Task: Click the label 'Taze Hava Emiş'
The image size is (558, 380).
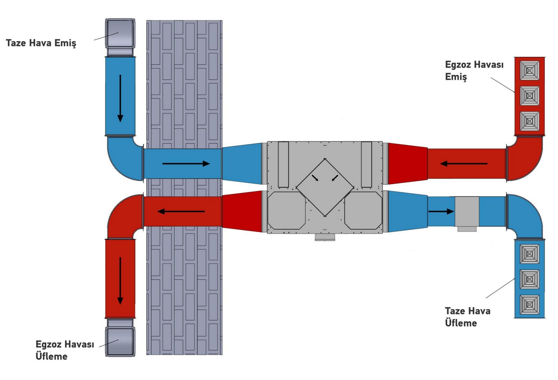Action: [x=41, y=43]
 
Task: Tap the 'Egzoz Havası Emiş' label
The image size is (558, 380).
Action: [x=474, y=71]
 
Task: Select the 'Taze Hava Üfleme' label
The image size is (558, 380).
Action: [x=467, y=317]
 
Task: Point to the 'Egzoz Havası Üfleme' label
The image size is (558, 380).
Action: [x=65, y=350]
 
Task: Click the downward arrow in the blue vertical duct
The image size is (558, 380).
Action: [x=120, y=98]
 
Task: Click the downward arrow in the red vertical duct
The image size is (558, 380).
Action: [x=120, y=281]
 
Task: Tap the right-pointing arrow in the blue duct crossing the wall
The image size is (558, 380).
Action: [x=186, y=164]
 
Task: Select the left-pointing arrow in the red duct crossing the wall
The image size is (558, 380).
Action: [x=181, y=211]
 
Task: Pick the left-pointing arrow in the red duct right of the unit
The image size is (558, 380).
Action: [x=464, y=164]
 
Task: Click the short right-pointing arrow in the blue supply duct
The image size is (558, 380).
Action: [x=441, y=211]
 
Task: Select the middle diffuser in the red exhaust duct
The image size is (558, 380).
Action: [x=529, y=96]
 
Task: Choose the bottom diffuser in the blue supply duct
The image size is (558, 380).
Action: [x=529, y=305]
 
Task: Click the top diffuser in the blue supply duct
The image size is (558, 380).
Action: [x=529, y=254]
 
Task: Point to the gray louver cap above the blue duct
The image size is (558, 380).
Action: [x=120, y=34]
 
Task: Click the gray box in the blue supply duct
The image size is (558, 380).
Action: [x=467, y=212]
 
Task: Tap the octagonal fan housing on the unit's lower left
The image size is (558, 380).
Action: [x=286, y=211]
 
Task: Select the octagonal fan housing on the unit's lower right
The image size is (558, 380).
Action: [x=363, y=211]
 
